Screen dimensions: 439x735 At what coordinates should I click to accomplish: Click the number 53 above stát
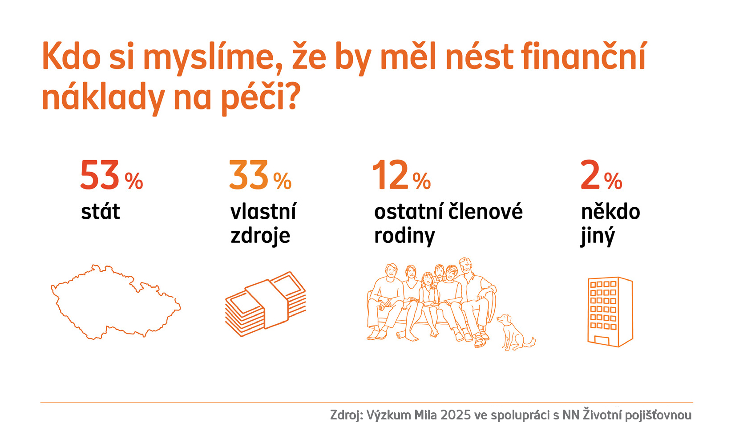point(100,176)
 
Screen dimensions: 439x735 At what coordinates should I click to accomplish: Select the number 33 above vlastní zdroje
point(248,176)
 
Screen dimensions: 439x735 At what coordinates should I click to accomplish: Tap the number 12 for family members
point(390,176)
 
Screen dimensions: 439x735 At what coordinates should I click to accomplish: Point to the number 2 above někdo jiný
point(590,176)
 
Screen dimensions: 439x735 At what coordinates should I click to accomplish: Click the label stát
point(101,212)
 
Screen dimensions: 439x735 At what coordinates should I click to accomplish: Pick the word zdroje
point(260,236)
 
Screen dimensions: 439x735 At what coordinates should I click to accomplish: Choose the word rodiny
point(404,236)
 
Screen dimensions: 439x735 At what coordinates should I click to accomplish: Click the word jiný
point(597,236)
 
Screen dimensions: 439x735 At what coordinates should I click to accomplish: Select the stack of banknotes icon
point(266,303)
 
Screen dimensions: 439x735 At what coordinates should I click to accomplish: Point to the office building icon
point(610,311)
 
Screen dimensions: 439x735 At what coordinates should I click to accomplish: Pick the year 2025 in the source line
point(456,415)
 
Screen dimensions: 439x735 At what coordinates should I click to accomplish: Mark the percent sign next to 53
point(133,181)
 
